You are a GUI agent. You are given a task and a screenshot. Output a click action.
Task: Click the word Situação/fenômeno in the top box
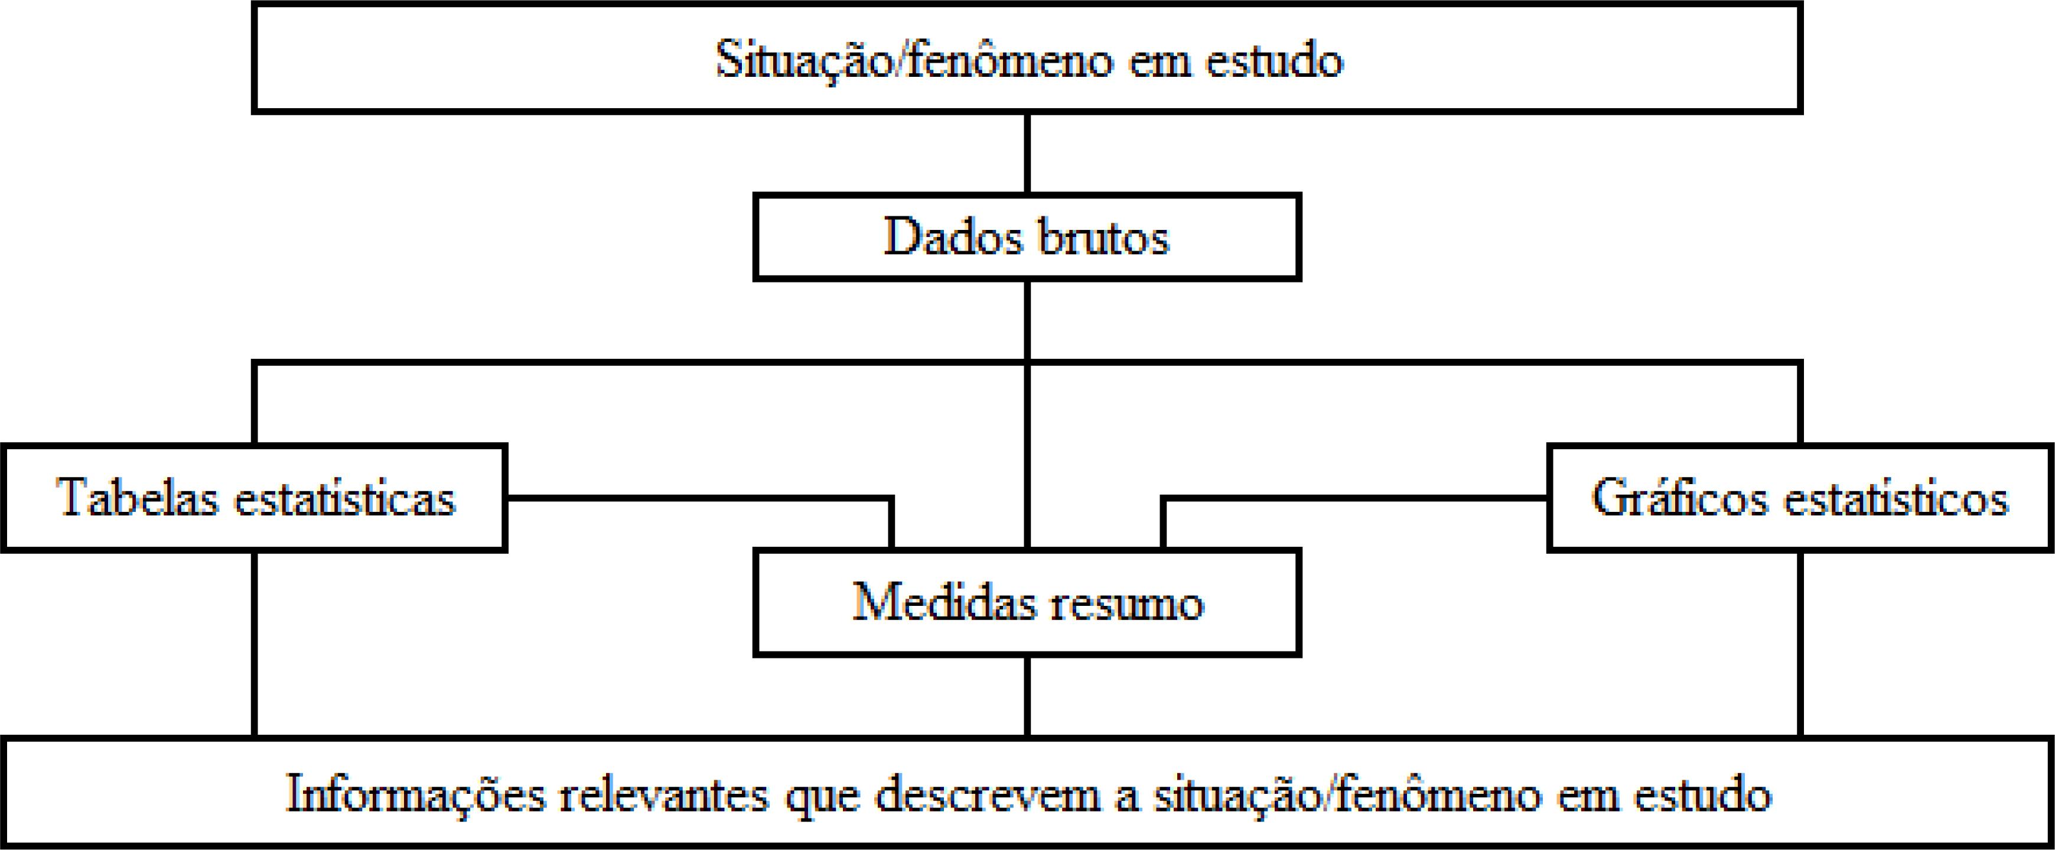913,60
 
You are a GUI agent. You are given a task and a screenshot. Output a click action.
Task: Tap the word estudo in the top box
1274,60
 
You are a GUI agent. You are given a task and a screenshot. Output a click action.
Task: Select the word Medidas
944,602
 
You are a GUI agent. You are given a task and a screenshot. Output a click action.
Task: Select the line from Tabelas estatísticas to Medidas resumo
702,498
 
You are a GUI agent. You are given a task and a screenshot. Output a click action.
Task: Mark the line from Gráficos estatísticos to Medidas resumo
1356,499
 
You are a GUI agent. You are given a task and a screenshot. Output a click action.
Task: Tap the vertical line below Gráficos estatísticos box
1800,643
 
